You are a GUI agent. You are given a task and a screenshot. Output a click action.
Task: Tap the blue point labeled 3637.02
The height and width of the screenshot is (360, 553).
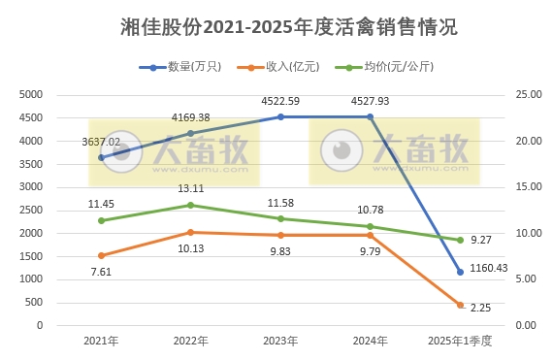click(101, 157)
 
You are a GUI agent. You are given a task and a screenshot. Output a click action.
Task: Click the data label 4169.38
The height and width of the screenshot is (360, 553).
click(190, 116)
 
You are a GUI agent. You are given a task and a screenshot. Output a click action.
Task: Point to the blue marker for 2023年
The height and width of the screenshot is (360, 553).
click(280, 116)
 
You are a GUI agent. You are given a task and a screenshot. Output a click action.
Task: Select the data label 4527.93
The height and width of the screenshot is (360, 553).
click(370, 99)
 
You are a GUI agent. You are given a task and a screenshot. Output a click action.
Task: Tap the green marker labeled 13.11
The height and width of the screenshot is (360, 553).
click(190, 205)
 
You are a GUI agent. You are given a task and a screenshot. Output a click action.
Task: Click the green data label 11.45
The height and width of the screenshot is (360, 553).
click(101, 204)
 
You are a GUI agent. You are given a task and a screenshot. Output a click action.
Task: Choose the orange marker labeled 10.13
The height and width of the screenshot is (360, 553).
click(190, 232)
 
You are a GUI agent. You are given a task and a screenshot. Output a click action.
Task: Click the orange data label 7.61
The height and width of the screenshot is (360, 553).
click(101, 273)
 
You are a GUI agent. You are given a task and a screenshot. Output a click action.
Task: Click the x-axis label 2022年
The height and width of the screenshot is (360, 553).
click(190, 342)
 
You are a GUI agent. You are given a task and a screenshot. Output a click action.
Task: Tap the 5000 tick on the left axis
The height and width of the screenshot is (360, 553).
click(32, 94)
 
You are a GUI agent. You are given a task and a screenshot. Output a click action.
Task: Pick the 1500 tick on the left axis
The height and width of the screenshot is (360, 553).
click(32, 256)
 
